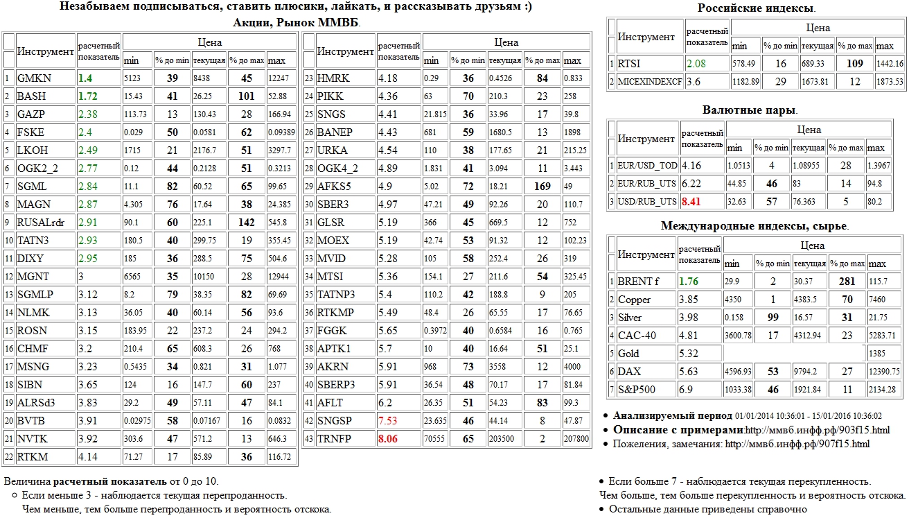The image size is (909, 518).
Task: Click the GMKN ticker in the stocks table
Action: point(33,78)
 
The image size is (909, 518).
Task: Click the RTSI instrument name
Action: point(630,64)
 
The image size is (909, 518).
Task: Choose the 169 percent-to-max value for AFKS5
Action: point(542,187)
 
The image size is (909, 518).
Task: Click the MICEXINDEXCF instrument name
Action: point(650,82)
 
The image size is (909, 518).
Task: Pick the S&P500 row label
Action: point(636,390)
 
